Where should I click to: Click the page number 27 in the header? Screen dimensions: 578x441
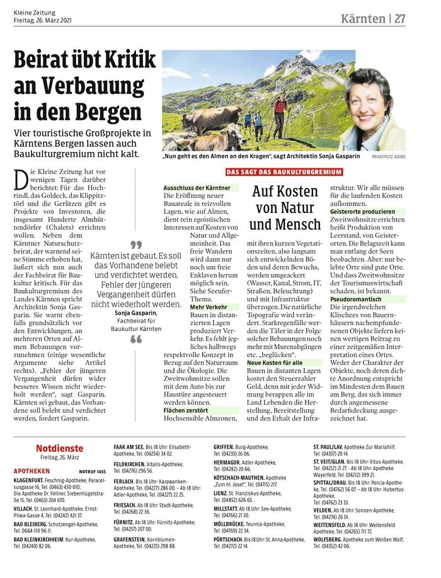[399, 18]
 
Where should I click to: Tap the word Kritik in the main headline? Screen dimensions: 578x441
[124, 61]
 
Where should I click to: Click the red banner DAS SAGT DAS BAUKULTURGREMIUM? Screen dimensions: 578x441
[284, 172]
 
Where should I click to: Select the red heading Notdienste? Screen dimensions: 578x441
[59, 448]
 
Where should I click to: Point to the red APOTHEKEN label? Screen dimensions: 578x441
[31, 471]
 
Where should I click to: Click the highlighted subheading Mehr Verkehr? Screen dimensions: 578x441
[209, 307]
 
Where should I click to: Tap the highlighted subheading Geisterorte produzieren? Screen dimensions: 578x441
[363, 212]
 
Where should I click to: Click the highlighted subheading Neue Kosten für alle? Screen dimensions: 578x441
[275, 363]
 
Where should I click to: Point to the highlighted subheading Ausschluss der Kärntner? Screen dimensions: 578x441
[192, 188]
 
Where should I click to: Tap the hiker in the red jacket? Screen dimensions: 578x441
[279, 113]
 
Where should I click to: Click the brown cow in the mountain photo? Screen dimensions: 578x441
[211, 118]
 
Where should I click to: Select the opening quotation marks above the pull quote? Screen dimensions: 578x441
[136, 243]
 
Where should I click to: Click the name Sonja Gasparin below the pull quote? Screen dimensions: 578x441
[136, 313]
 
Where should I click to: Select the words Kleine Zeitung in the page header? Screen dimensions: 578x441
[35, 13]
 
